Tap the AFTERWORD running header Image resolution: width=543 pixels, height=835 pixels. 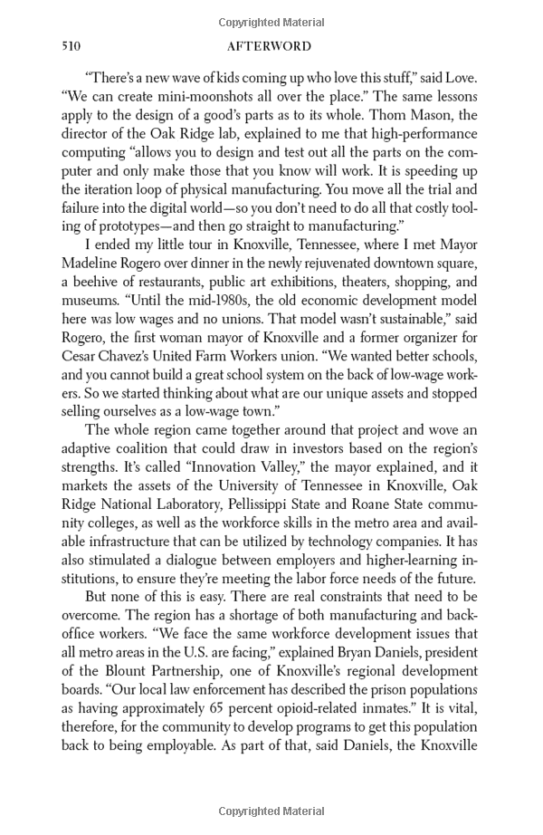point(271,46)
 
